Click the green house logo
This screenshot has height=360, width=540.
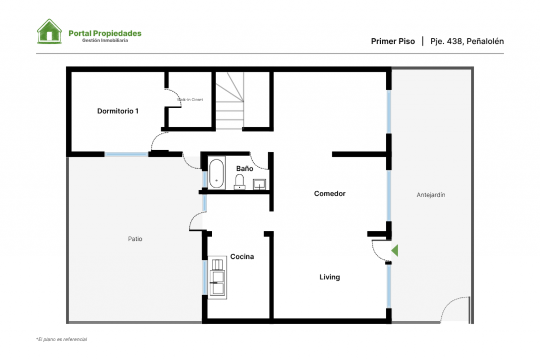coord(49,31)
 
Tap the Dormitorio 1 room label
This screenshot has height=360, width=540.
coord(118,111)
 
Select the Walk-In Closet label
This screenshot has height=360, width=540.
coord(190,100)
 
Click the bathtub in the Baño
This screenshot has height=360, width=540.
coord(216,173)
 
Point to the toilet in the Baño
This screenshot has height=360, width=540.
coord(239,182)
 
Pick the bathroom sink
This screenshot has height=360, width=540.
coord(259,184)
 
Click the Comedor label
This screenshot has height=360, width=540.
coord(330,193)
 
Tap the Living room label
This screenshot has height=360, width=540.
coord(330,277)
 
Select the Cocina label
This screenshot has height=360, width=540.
coord(242,256)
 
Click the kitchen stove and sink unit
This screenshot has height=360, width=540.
coord(217,277)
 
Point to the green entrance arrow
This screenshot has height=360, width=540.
coord(394,250)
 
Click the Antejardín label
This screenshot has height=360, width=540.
coord(431,195)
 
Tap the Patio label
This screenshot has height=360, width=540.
coord(135,239)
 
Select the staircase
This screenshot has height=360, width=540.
coord(230,101)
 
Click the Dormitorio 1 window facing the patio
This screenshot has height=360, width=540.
coord(127,154)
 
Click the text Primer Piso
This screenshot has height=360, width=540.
coord(393,41)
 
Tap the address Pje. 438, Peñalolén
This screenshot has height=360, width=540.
coord(467,41)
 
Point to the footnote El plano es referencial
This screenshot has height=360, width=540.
coord(62,339)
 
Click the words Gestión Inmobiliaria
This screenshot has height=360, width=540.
coord(105,40)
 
